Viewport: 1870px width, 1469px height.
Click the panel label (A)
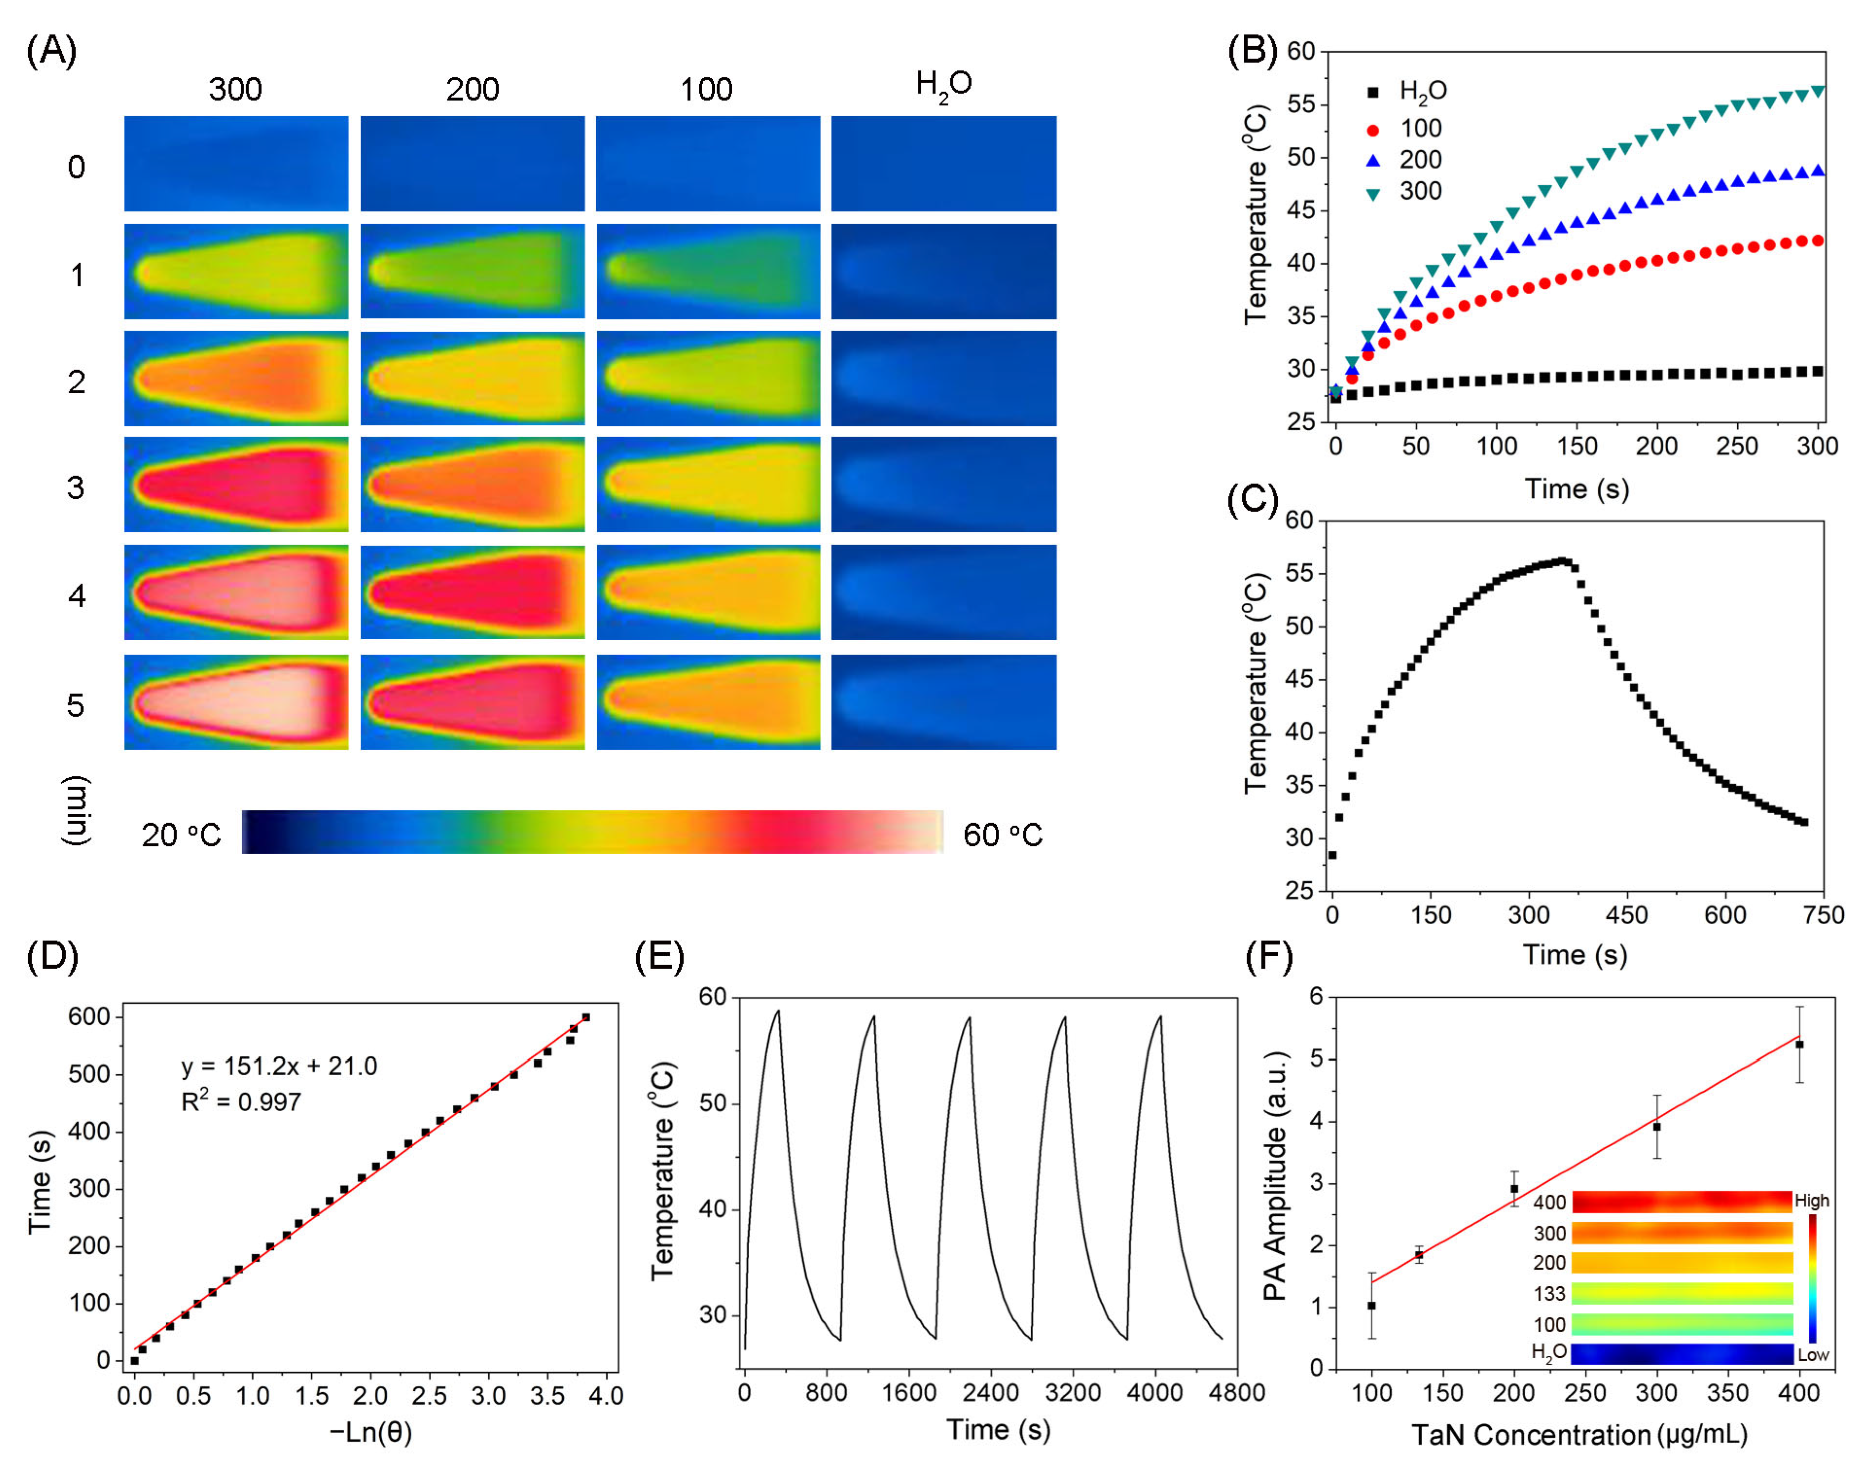click(52, 52)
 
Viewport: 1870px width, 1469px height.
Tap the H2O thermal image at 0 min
click(944, 163)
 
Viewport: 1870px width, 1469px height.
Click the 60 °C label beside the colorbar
click(1002, 834)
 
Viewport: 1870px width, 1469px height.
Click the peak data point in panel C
click(1563, 561)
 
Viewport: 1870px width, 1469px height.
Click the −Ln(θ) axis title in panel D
click(370, 1432)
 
